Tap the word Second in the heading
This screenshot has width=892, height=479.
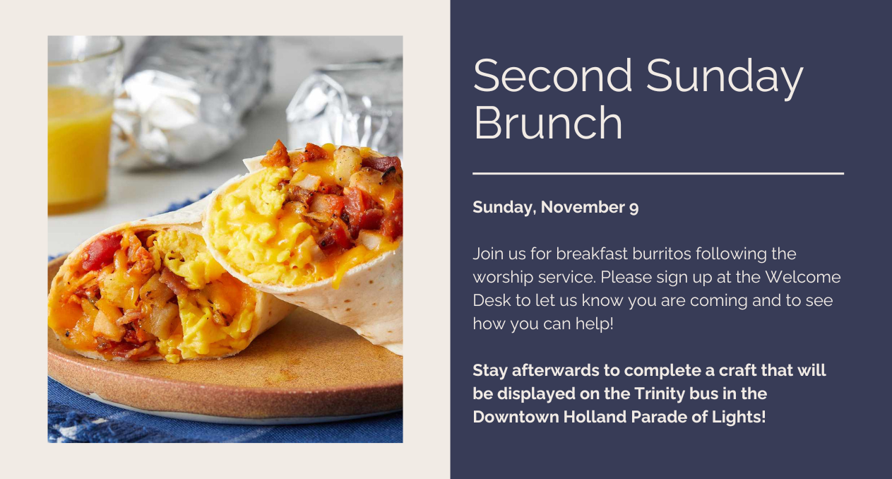[553, 75]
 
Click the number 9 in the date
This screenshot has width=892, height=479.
[634, 208]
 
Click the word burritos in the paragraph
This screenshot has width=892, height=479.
[662, 254]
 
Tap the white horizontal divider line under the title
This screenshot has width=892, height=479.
[658, 173]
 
